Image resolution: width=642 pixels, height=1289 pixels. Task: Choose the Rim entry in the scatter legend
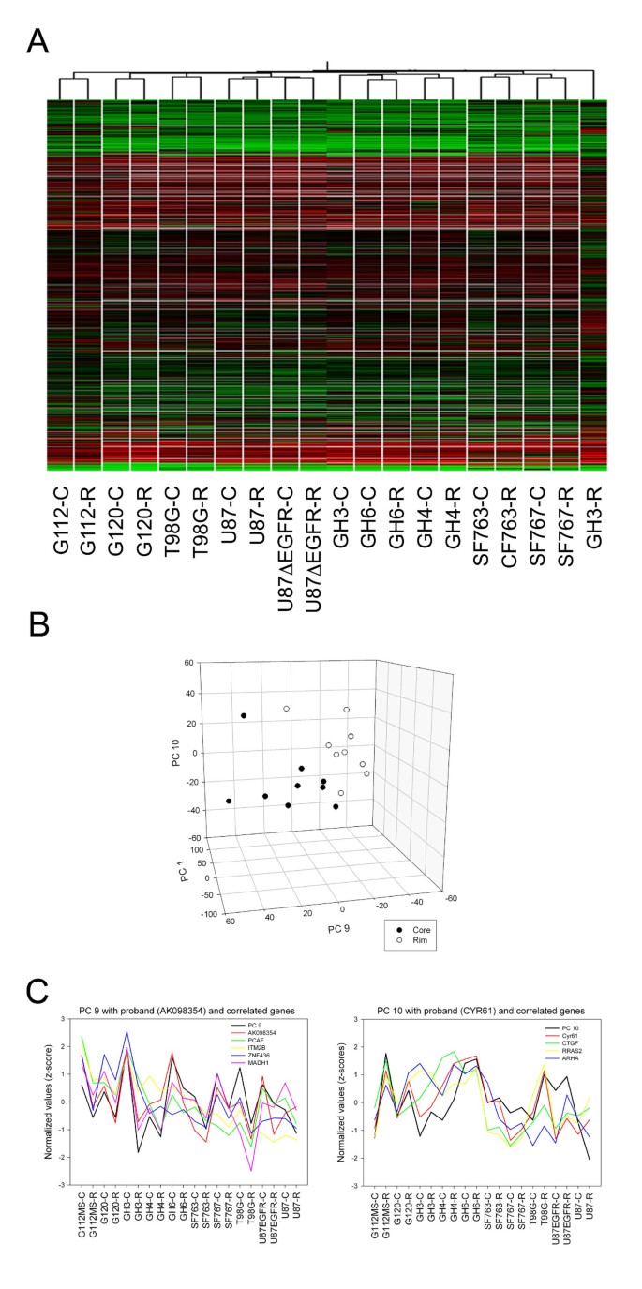(x=412, y=935)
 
